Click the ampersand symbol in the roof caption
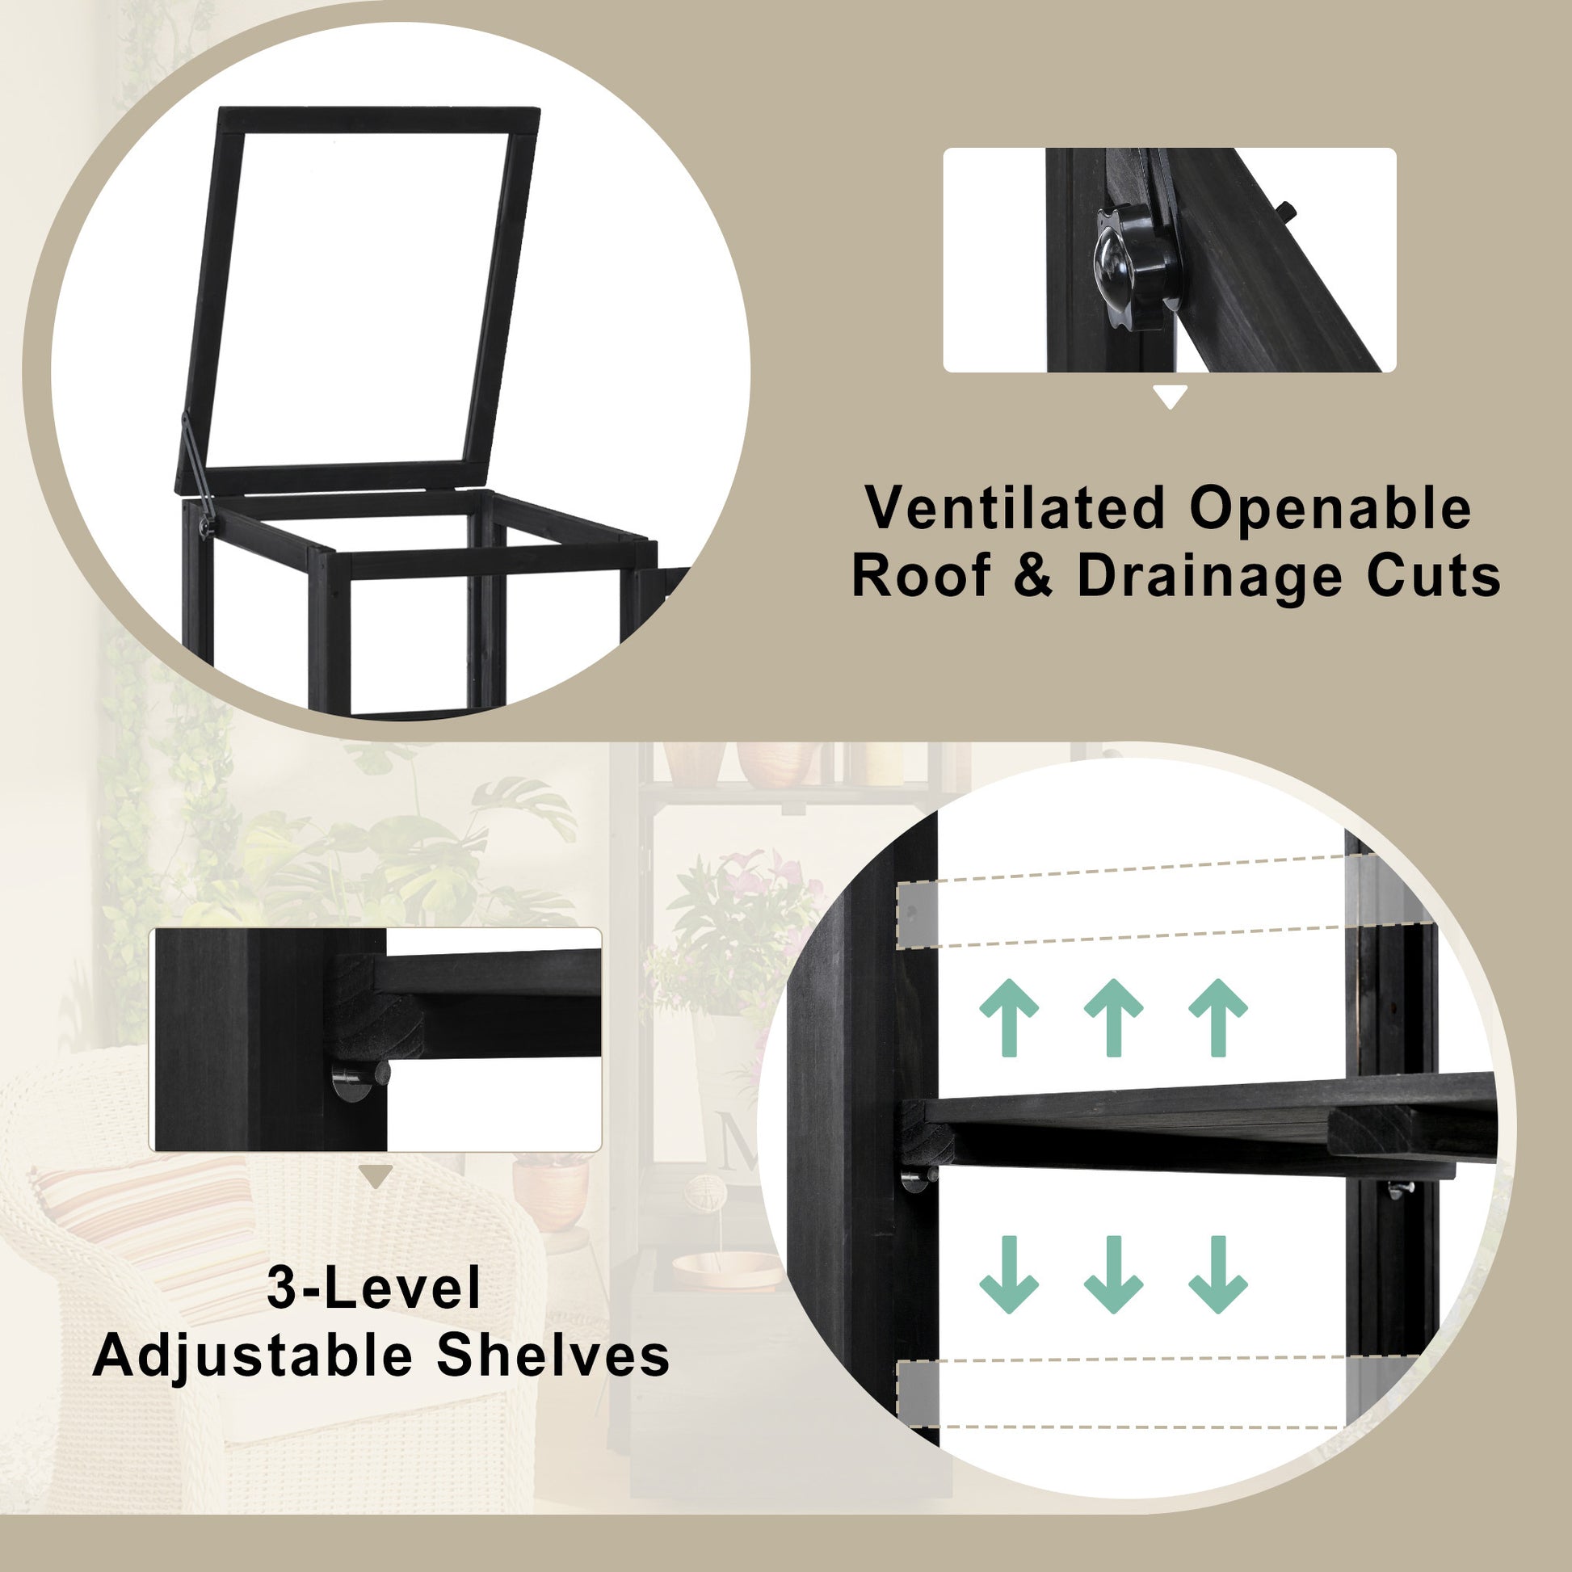[1032, 576]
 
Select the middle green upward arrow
[1113, 1017]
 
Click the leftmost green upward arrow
[1009, 1017]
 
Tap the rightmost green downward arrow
[1218, 1274]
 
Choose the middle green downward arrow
[1113, 1274]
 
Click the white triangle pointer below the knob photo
[1171, 397]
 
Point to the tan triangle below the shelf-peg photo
[376, 1176]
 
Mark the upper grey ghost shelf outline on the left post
[917, 915]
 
